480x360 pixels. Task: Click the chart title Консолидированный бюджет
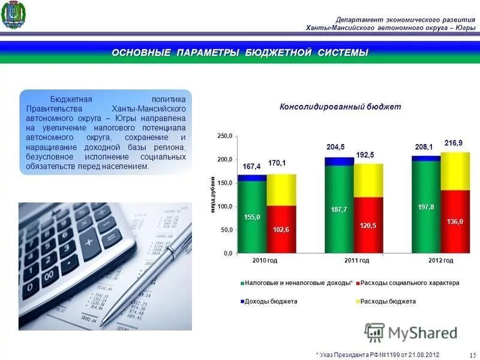point(340,107)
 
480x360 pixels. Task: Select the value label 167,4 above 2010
point(252,166)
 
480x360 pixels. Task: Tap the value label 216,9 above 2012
point(453,143)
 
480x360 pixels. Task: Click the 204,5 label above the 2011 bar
point(335,147)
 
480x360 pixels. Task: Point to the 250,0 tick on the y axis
point(224,137)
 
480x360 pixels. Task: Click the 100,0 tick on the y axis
point(224,207)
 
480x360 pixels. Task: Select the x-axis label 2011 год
point(356,261)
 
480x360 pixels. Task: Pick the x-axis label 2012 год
point(440,261)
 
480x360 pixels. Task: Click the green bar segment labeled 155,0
point(252,216)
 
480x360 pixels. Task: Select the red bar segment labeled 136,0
point(455,222)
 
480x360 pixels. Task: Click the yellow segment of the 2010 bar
point(281,190)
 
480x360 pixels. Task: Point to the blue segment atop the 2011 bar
point(339,161)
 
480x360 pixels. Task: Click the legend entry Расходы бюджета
point(388,301)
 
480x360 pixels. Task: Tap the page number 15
point(472,355)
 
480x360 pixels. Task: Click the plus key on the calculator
point(90,243)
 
